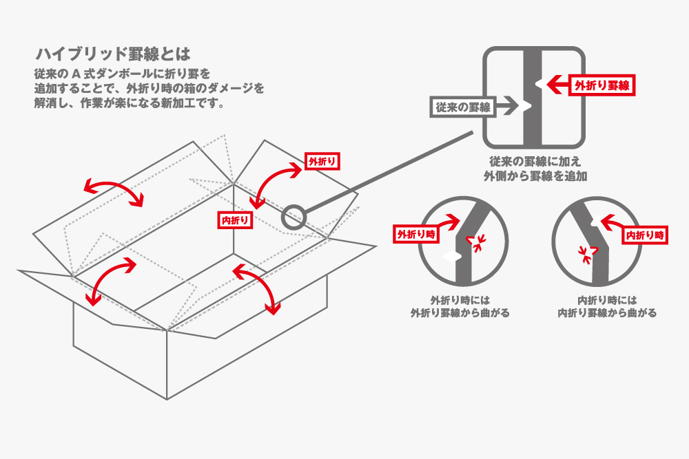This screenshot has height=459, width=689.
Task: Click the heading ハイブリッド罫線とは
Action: (112, 54)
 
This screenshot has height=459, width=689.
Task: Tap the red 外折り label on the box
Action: (322, 162)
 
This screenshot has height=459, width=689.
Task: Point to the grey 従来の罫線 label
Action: (462, 107)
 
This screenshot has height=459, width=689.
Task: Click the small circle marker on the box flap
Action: (294, 217)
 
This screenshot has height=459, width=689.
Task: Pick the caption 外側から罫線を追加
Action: (534, 177)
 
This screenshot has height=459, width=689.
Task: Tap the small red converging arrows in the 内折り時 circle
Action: (586, 255)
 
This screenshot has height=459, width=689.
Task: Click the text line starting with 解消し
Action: (130, 104)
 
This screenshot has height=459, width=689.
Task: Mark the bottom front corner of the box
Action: (167, 398)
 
